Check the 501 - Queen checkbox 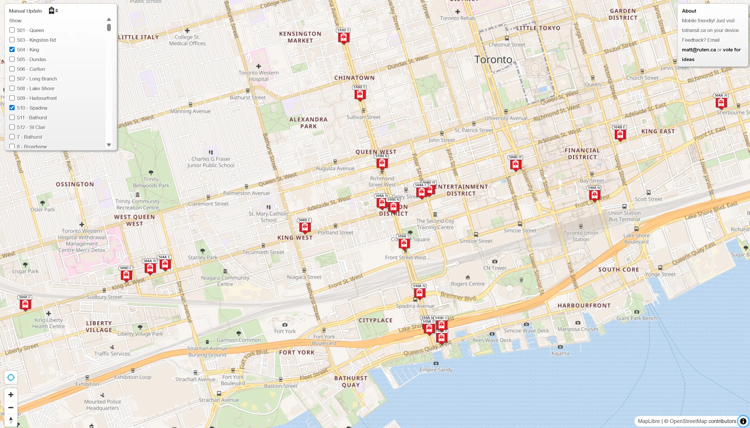[12, 30]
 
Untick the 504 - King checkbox [12, 50]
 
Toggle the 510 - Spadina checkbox [12, 108]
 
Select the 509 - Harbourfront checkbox [12, 98]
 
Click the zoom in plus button [11, 394]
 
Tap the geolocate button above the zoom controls [11, 377]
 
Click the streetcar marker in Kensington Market [344, 37]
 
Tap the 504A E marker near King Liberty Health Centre [25, 304]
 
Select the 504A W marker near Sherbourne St [721, 103]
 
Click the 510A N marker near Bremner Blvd [420, 293]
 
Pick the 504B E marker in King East [620, 134]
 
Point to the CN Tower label [495, 268]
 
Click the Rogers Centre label [468, 284]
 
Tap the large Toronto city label [493, 60]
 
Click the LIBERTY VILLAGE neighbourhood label [99, 326]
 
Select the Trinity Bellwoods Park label [151, 182]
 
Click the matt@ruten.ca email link [699, 50]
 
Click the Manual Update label [26, 11]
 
